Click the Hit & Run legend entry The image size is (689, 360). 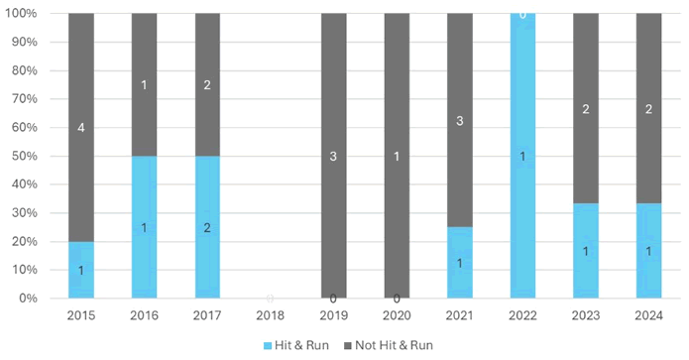(298, 344)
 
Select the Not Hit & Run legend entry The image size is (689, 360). (391, 344)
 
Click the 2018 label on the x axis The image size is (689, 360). (270, 316)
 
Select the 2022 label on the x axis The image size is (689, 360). (522, 316)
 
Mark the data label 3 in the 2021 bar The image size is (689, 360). (459, 121)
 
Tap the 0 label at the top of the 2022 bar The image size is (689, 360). (522, 15)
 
